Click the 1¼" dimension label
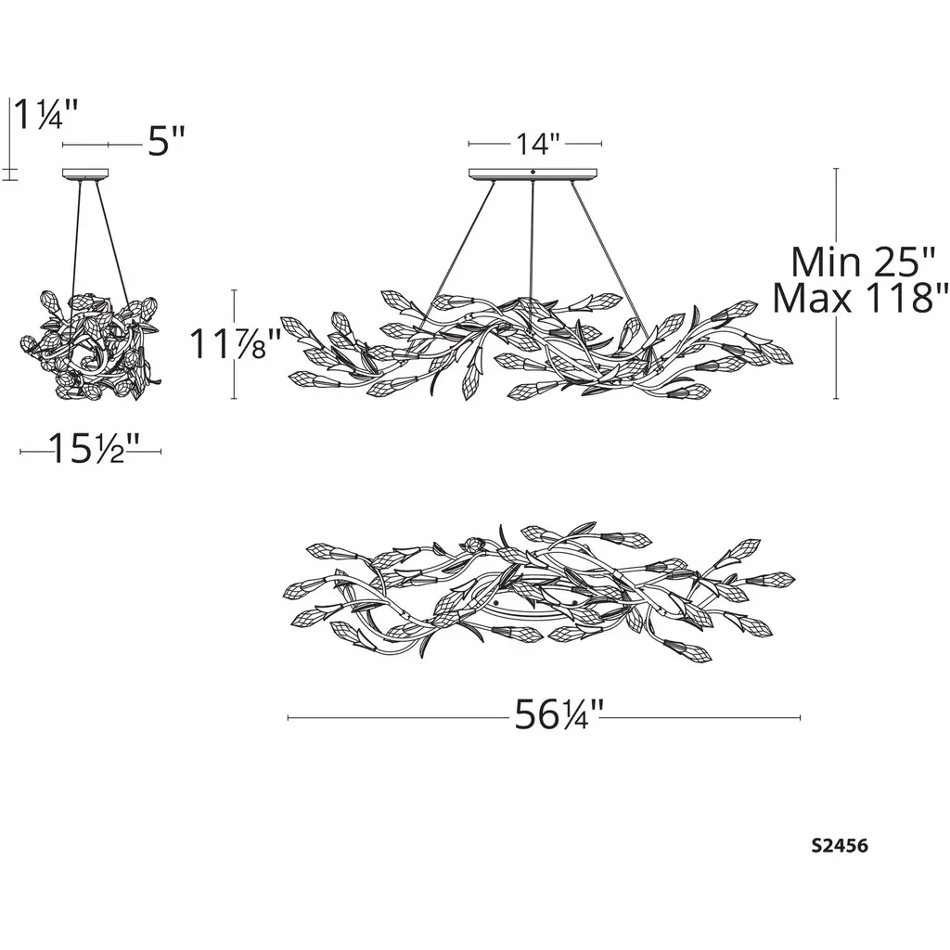click(46, 114)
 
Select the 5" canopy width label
click(166, 142)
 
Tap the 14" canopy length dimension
click(535, 144)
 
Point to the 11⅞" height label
click(235, 343)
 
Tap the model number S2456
click(840, 845)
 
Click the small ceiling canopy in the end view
click(85, 173)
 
